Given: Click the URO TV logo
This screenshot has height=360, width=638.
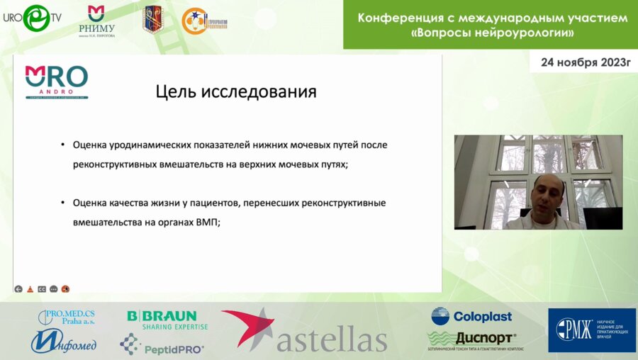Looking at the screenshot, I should [31, 18].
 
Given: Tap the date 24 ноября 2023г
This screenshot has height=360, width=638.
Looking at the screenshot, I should [585, 62].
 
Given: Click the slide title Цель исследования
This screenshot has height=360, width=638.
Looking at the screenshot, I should [235, 92].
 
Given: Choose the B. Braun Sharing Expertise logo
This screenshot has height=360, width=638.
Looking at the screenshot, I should [167, 320].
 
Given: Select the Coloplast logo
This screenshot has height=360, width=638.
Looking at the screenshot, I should [471, 316].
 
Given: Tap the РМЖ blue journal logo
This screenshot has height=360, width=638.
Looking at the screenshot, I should [591, 330].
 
